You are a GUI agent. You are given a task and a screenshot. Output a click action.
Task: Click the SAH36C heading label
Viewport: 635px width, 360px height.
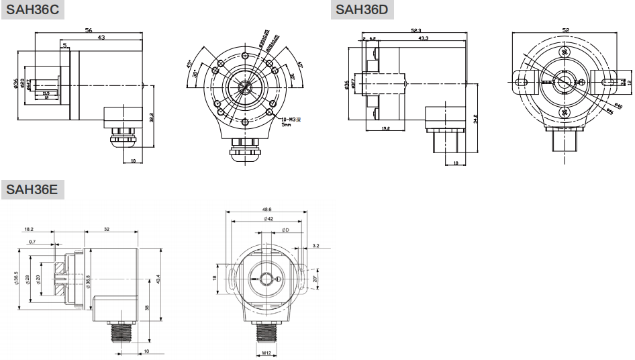pos(32,10)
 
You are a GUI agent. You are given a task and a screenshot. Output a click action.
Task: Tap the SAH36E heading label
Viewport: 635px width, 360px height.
pos(32,189)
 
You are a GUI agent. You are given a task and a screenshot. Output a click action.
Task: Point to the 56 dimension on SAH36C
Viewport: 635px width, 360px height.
pos(88,30)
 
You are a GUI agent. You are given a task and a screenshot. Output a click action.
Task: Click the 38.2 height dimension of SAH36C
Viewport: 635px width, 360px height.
pos(153,118)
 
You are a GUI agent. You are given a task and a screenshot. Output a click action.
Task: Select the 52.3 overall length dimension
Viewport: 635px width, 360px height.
pos(416,30)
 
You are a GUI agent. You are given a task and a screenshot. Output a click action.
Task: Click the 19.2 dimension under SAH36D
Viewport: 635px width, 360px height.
pos(385,127)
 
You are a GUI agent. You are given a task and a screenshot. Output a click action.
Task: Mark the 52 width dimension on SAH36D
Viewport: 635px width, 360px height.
pos(565,30)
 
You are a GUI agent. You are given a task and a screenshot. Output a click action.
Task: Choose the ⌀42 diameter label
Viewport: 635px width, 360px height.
pos(267,219)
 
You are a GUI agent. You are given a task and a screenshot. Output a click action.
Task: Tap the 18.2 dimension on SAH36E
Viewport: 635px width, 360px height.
pos(28,229)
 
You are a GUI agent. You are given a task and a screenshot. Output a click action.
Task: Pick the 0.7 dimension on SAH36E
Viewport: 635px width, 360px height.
pos(32,241)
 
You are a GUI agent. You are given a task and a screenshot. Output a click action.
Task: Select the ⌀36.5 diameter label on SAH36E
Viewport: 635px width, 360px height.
pos(16,278)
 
